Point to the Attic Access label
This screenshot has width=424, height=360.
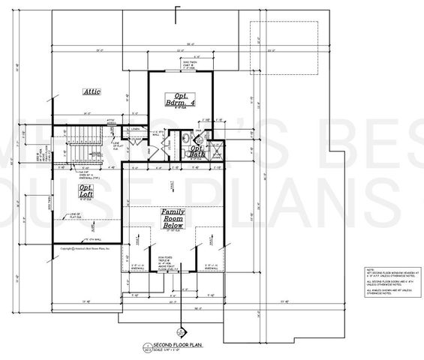click(x=113, y=120)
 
